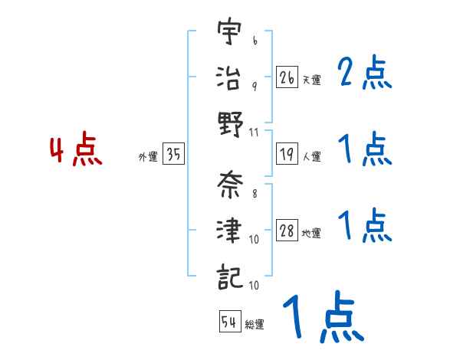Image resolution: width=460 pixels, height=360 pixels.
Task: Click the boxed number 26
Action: [x=287, y=77]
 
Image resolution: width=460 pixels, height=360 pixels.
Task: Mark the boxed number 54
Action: [x=229, y=322]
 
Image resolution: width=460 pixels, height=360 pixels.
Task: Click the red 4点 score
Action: [x=76, y=151]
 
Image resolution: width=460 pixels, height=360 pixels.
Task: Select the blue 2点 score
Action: [x=365, y=74]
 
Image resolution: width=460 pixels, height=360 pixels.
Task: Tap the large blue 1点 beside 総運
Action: [x=322, y=319]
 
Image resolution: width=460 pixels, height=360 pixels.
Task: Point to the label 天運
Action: [x=311, y=80]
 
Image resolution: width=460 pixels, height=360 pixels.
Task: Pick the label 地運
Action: [x=311, y=234]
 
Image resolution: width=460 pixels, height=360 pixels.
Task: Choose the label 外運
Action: [x=147, y=157]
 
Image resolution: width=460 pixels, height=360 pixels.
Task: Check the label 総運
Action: [x=255, y=324]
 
